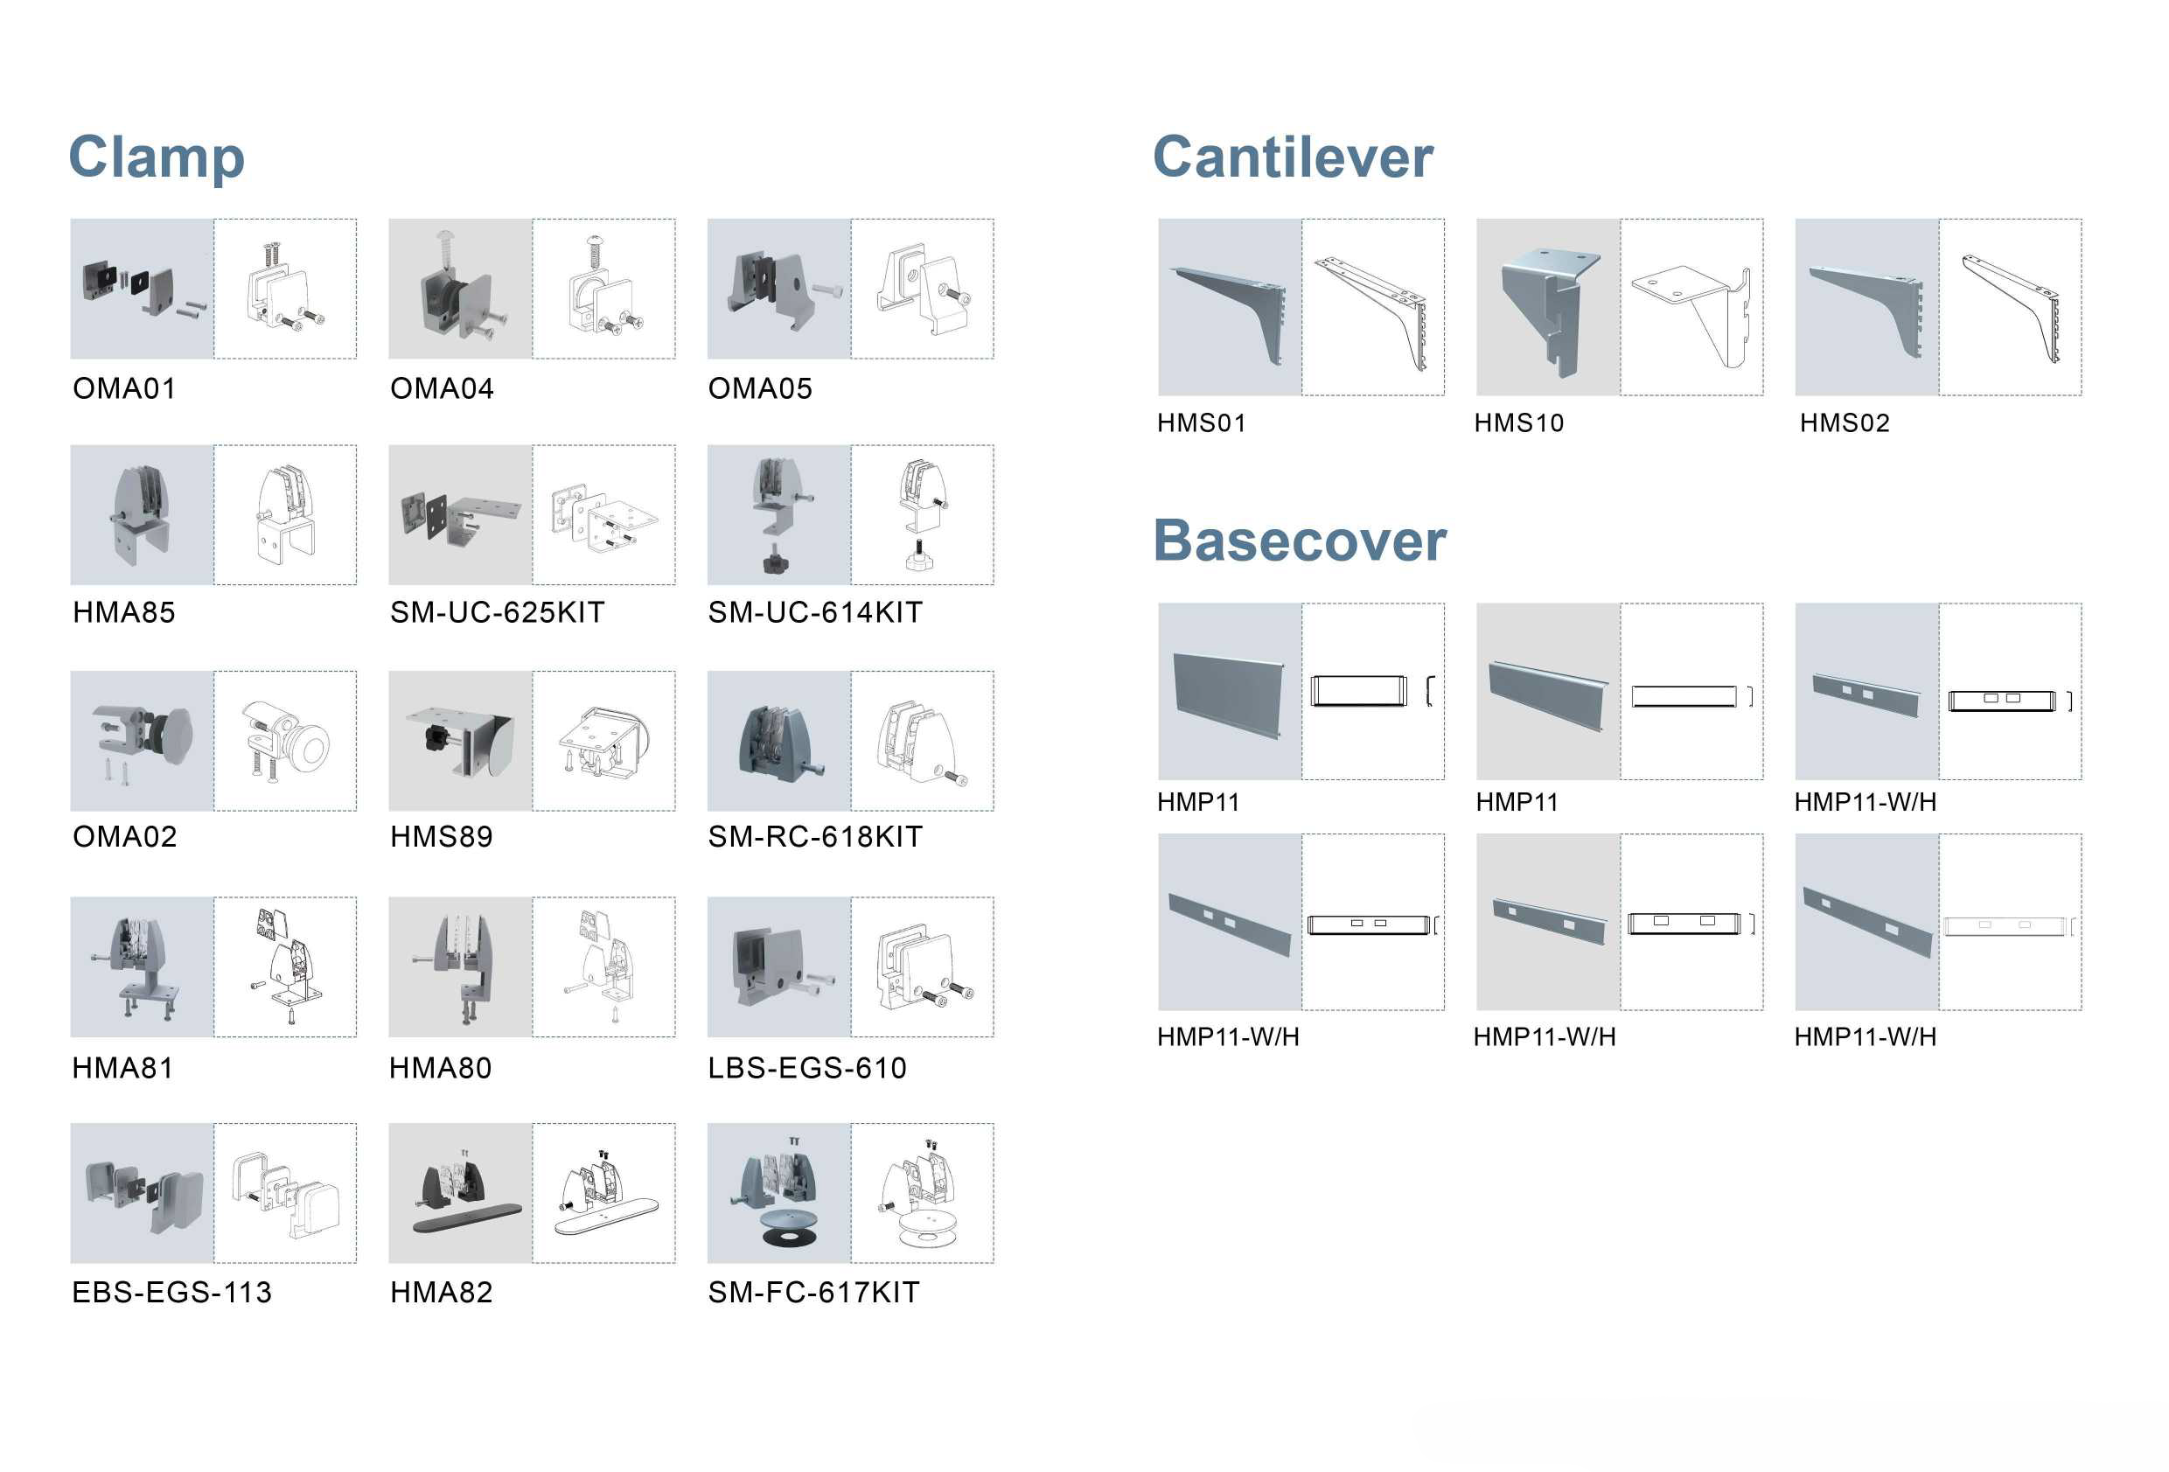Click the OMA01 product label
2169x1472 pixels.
point(125,388)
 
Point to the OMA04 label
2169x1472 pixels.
point(442,388)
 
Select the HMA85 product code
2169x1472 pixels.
point(124,612)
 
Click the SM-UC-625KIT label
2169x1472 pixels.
point(498,612)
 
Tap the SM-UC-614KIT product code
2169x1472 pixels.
point(815,612)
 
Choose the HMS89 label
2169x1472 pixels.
point(442,836)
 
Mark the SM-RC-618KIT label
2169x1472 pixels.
point(815,836)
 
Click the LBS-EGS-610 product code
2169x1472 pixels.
point(806,1068)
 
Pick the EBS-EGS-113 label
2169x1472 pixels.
point(171,1292)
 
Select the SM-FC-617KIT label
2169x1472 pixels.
point(814,1292)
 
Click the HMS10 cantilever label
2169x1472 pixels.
point(1518,422)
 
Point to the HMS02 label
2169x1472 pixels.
point(1845,422)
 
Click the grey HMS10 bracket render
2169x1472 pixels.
point(1545,308)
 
